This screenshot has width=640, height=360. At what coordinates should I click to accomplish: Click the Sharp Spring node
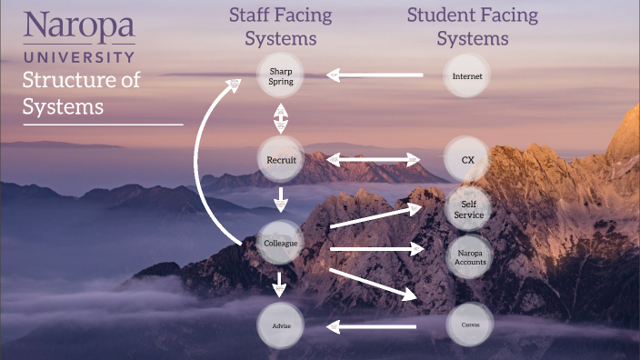[x=280, y=76]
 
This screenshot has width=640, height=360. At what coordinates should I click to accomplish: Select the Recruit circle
[x=280, y=160]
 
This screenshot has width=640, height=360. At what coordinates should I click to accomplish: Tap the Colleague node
[x=280, y=244]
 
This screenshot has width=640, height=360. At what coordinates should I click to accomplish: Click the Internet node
[x=467, y=76]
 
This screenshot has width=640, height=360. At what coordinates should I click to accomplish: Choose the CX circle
[x=468, y=160]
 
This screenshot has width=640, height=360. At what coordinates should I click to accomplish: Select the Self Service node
[x=469, y=210]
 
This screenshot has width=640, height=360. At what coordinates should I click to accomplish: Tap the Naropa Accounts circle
[x=470, y=255]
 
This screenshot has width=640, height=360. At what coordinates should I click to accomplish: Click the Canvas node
[x=469, y=325]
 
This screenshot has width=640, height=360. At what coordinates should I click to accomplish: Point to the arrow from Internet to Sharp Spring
[x=375, y=75]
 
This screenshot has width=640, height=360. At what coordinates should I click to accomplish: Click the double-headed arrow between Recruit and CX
[x=374, y=160]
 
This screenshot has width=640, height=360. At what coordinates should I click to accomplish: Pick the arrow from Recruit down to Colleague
[x=280, y=199]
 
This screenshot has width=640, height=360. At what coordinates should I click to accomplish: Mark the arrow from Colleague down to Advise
[x=280, y=283]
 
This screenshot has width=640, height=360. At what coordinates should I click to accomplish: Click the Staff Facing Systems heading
[x=280, y=26]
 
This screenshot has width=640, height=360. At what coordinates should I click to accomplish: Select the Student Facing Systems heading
[x=472, y=26]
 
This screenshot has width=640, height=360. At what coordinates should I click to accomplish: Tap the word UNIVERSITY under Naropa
[x=79, y=56]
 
